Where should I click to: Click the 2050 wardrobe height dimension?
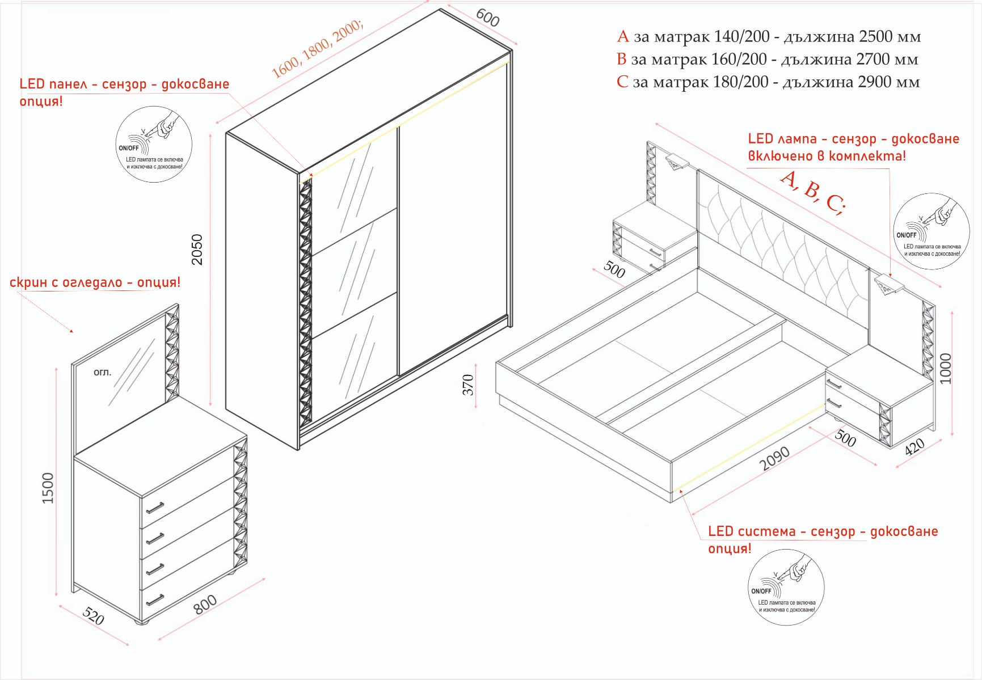point(197,250)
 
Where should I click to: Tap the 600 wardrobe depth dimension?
point(487,18)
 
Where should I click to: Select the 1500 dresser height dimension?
point(48,488)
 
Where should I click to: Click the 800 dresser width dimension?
point(205,604)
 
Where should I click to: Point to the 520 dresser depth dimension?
point(94,616)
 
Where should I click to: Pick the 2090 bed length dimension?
point(775,458)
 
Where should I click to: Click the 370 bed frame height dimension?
point(468,385)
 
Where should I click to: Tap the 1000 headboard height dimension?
point(945,369)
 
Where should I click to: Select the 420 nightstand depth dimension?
point(914,446)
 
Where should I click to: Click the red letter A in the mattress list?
point(623,37)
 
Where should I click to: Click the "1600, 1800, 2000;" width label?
point(317,50)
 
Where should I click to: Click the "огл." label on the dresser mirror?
point(102,373)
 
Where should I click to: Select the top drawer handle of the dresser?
point(154,506)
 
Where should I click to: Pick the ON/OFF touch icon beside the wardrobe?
point(154,144)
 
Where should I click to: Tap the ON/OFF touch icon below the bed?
point(786,587)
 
